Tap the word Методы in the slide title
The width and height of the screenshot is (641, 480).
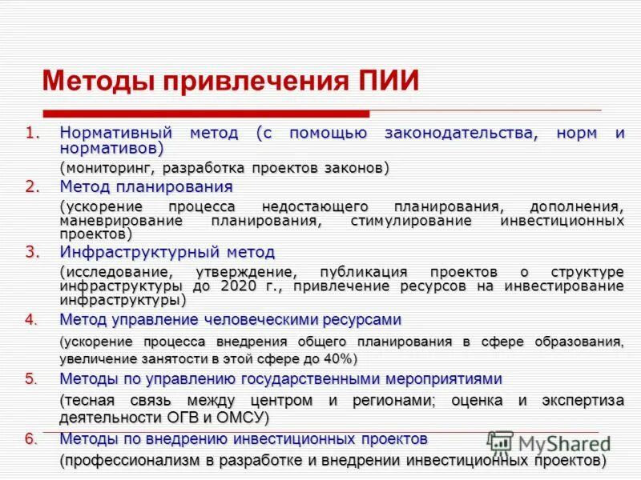[x=97, y=82]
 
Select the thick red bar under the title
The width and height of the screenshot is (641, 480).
[x=206, y=114]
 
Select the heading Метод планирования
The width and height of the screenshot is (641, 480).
[x=146, y=186]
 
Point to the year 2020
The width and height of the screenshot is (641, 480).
[x=242, y=286]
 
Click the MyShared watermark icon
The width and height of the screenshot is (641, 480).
[x=500, y=442]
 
